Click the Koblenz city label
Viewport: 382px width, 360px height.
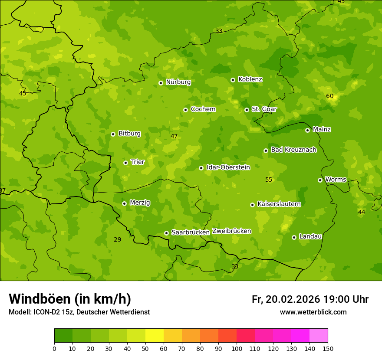pyautogui.click(x=250, y=79)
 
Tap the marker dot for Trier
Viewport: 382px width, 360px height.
pyautogui.click(x=126, y=163)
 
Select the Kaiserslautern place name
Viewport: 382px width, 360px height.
pyautogui.click(x=279, y=204)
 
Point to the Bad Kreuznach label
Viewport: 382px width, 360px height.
pyautogui.click(x=293, y=150)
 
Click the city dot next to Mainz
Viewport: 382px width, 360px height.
pyautogui.click(x=307, y=130)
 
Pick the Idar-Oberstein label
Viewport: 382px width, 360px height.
pyautogui.click(x=228, y=167)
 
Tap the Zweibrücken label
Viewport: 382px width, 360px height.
pyautogui.click(x=231, y=231)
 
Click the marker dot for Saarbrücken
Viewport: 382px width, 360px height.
pyautogui.click(x=166, y=233)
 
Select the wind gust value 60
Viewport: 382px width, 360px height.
pyautogui.click(x=330, y=96)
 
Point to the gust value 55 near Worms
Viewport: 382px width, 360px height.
pyautogui.click(x=269, y=180)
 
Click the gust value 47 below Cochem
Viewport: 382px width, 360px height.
pyautogui.click(x=174, y=136)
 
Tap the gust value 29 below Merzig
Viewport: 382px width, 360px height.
pyautogui.click(x=117, y=239)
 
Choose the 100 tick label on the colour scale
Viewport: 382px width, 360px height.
pyautogui.click(x=237, y=348)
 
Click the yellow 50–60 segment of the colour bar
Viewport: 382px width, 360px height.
pyautogui.click(x=155, y=336)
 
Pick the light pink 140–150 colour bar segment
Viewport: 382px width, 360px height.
pyautogui.click(x=319, y=336)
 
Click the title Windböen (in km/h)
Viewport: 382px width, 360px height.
pyautogui.click(x=70, y=299)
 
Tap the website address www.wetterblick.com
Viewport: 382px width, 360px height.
pyautogui.click(x=313, y=312)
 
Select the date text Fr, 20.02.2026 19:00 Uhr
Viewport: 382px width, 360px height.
pyautogui.click(x=310, y=299)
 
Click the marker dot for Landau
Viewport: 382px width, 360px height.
pyautogui.click(x=294, y=237)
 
